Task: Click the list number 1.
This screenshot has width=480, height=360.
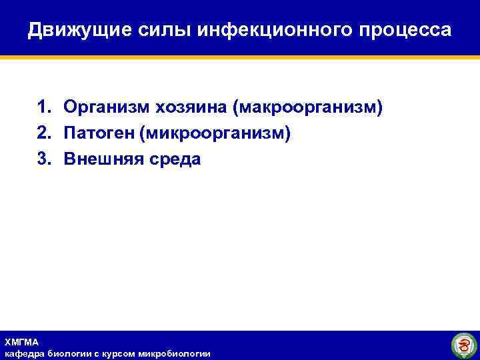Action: click(43, 107)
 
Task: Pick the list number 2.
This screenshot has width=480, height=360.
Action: click(43, 133)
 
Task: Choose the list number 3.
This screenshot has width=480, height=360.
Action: click(43, 159)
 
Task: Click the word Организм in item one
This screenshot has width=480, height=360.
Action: click(107, 108)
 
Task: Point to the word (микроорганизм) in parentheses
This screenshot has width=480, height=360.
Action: click(215, 134)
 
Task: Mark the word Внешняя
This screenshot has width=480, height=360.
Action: click(100, 159)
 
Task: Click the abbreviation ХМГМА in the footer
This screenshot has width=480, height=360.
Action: click(21, 341)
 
